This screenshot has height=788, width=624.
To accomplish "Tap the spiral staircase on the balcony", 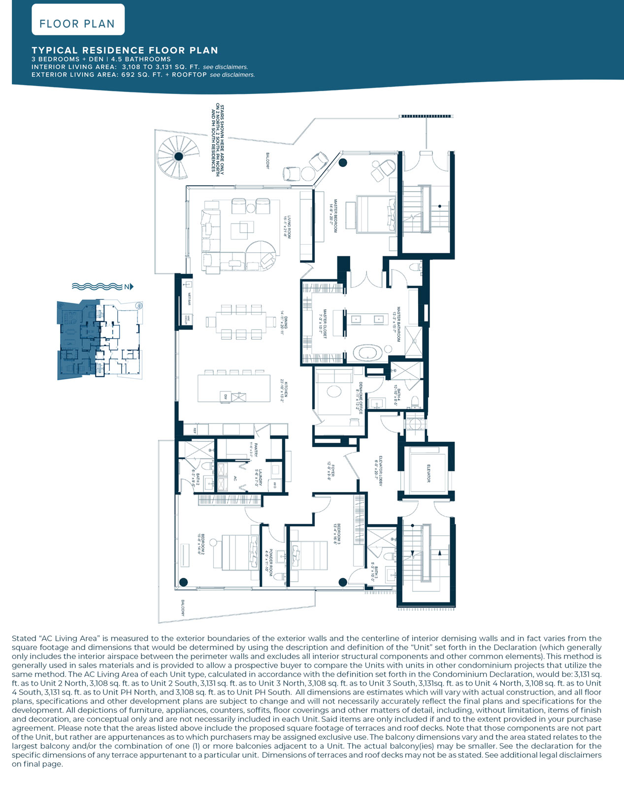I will coord(179,157).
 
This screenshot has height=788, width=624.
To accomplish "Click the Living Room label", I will coord(287,227).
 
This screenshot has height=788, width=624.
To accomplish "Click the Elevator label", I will coord(428,473).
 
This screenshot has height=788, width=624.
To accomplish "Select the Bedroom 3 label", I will coord(337,534).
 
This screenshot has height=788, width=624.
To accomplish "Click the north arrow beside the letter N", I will coord(131,287).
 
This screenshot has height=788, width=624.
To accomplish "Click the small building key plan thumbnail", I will coord(100,340).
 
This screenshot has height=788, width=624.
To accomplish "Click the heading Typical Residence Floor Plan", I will coord(125,50).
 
